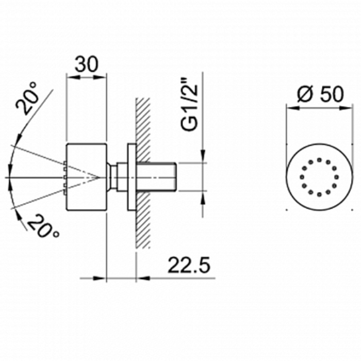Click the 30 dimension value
(87, 64)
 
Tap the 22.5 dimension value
(189, 265)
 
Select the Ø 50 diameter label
(320, 94)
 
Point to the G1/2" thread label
(189, 107)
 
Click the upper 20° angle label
(26, 99)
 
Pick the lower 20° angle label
(43, 226)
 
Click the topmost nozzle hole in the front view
(319, 159)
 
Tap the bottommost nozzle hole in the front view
(319, 195)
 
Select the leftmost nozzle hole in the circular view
(302, 177)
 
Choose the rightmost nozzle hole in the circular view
(337, 177)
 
